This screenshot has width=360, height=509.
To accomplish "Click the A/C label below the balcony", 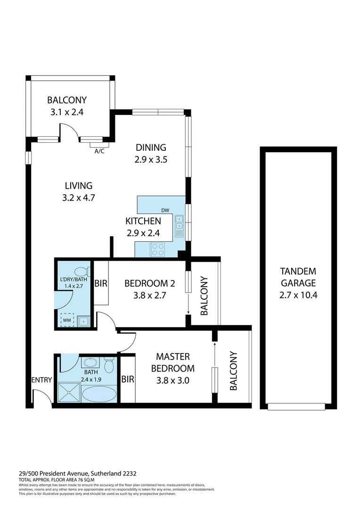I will click(99, 151).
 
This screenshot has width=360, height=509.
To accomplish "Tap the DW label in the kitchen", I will click(165, 210).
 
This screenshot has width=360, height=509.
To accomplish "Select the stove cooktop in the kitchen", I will click(157, 249).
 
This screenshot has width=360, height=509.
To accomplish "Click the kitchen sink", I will click(179, 225).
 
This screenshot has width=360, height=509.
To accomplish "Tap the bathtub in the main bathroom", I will click(98, 394).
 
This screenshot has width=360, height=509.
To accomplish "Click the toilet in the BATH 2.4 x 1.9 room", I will click(109, 365).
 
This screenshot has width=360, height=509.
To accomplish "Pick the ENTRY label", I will click(41, 380).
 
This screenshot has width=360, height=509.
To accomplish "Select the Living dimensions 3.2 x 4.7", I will click(79, 198).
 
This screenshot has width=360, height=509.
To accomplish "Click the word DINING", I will click(151, 147).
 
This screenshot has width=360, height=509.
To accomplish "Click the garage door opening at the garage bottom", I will click(296, 407).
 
